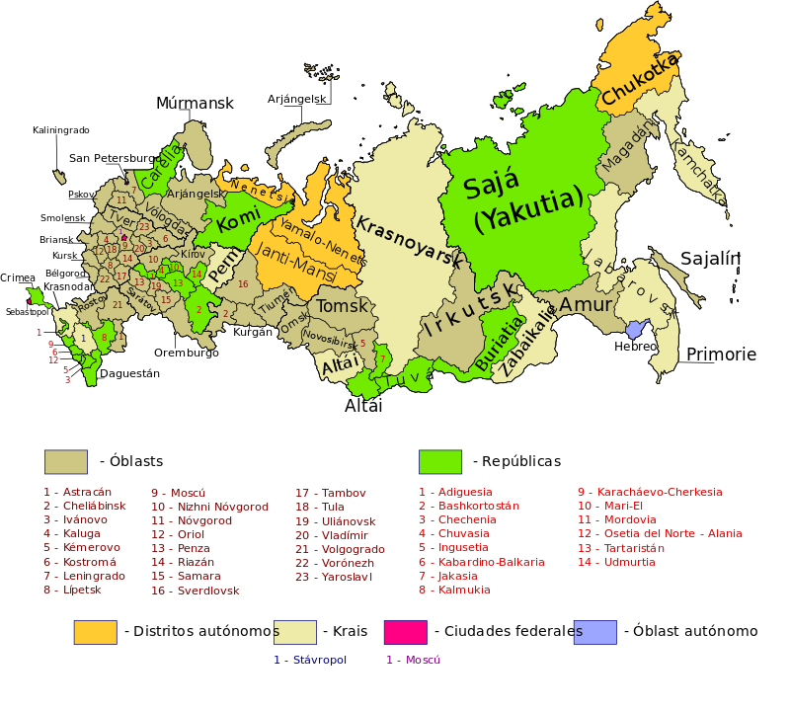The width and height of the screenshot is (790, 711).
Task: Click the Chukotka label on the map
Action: click(x=640, y=79)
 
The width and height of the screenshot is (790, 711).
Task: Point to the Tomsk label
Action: click(x=342, y=306)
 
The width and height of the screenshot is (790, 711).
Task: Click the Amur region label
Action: click(x=586, y=305)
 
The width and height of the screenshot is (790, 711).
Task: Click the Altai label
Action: click(x=341, y=366)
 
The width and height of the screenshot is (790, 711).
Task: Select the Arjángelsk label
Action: click(x=195, y=194)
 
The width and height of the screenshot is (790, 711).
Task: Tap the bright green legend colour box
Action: click(x=439, y=462)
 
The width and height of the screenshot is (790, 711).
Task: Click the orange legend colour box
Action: click(x=95, y=632)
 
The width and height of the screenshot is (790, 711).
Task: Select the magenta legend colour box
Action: click(x=405, y=632)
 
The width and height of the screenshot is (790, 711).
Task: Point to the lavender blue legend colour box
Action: click(x=594, y=632)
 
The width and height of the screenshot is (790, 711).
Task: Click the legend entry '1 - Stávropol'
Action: click(x=310, y=660)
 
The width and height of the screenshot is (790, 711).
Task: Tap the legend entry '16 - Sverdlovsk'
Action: click(x=195, y=591)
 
